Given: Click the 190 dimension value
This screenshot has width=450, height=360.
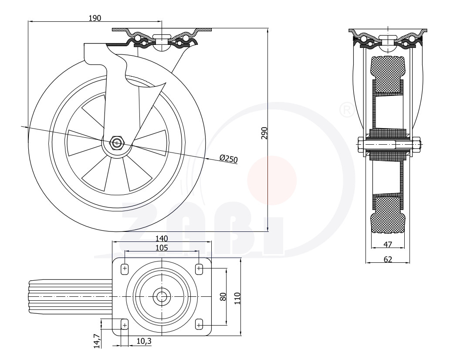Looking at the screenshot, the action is coord(95,18).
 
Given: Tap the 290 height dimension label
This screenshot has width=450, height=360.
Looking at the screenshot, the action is coord(264,133).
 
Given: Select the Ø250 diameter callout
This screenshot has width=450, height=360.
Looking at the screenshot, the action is coord(228,159).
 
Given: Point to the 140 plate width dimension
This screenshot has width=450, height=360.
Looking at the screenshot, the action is coord(162,238).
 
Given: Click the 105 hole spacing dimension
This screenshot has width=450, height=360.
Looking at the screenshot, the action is coord(162,248).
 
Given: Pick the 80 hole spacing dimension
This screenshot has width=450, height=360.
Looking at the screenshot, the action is coord(223,296).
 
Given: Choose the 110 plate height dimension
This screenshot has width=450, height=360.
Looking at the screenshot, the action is coord(237,299).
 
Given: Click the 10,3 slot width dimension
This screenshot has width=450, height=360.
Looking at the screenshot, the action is coord(144,341).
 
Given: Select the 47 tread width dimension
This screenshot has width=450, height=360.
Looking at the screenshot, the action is coord(388,245).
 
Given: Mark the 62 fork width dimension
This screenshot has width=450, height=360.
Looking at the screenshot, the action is coord(388,259).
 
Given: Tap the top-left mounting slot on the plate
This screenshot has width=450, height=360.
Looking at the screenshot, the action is coord(125,269).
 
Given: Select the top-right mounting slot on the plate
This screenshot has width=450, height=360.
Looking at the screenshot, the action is coord(199,269).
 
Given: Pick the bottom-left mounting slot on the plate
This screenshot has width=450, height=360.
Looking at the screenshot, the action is coord(125,325).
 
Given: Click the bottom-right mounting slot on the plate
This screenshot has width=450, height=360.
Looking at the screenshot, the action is coord(199,325).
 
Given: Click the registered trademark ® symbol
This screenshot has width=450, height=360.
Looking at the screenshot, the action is coord(347,109).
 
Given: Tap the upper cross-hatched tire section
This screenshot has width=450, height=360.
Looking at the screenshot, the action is coord(387,75).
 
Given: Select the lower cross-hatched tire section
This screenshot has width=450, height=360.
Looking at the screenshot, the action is coord(388,214).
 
